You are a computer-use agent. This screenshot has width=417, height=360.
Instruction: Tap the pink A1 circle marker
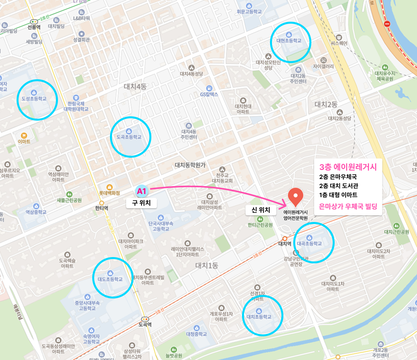point(141,192)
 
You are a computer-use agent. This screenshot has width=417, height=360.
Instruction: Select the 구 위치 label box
point(141,203)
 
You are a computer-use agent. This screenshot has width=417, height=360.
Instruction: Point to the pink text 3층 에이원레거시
point(348,166)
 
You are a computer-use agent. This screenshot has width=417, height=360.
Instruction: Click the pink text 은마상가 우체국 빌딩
point(348,206)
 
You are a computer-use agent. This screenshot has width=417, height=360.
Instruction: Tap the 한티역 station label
point(101,208)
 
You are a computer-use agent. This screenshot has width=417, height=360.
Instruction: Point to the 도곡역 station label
point(145,325)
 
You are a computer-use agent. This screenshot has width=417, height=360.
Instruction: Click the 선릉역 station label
point(34,28)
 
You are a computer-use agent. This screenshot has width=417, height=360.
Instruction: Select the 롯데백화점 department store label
point(109,193)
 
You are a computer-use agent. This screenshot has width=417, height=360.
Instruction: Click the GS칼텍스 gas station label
point(209,94)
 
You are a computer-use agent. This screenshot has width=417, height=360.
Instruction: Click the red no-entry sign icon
point(387,24)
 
